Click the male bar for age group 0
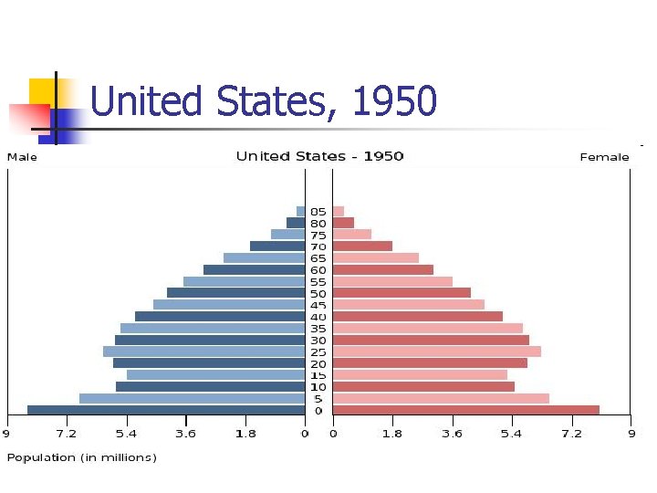(166, 410)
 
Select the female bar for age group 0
(465, 410)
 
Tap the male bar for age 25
(203, 351)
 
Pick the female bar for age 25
(436, 351)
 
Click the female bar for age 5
(441, 398)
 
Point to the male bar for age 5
(192, 398)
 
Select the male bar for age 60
(254, 269)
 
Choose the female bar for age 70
(362, 246)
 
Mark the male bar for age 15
(215, 374)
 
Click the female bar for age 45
(408, 304)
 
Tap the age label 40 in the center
(318, 317)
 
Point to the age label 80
(318, 223)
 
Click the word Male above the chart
(22, 157)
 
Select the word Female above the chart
(604, 157)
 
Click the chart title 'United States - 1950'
(319, 156)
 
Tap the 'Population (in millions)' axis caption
(81, 457)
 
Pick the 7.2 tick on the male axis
(66, 434)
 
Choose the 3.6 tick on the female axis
(452, 434)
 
